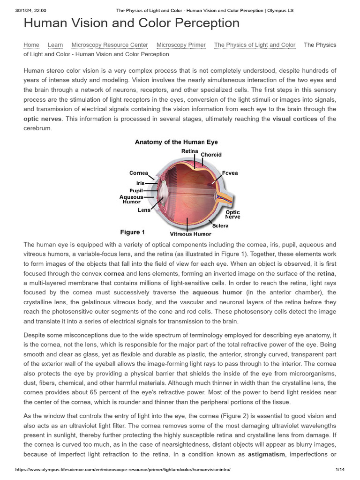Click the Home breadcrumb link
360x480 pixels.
tap(31, 45)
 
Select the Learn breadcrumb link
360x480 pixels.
tap(55, 45)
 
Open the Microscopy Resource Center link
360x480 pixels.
tap(110, 45)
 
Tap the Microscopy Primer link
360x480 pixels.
tap(181, 45)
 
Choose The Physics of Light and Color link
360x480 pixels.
tap(255, 45)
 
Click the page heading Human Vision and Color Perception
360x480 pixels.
tap(131, 23)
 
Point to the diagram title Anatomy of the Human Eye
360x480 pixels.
tap(176, 142)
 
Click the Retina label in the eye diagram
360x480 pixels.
tap(189, 151)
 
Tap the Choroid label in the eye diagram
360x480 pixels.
tap(211, 155)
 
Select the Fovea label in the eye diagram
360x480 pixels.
tap(230, 173)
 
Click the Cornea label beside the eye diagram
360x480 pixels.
tap(139, 173)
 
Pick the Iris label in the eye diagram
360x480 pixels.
tap(140, 183)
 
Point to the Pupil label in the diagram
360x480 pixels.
tap(136, 191)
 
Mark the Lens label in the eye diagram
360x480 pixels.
tap(144, 210)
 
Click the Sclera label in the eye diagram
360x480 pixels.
tap(220, 225)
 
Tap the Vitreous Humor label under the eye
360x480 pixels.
tap(190, 234)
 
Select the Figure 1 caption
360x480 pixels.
tap(132, 232)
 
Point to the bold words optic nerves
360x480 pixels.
tap(42, 119)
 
